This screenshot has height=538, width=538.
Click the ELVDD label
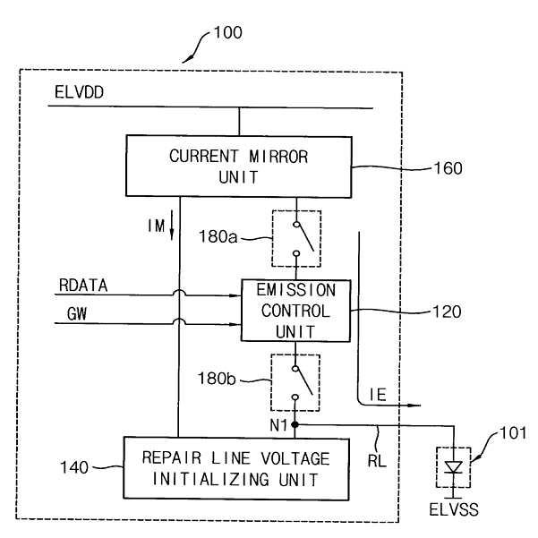80,92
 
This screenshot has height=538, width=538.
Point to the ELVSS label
454,509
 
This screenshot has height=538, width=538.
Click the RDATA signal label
83,286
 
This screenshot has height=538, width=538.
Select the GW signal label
77,314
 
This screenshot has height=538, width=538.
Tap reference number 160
448,168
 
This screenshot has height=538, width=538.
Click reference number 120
447,312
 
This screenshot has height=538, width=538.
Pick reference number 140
74,467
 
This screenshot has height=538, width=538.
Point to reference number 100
228,32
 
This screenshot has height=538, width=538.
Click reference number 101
513,433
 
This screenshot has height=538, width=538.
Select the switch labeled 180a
296,239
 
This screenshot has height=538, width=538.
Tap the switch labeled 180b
295,383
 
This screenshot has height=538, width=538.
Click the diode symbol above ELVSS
454,467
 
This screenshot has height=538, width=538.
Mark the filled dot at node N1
295,425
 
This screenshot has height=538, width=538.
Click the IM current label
157,226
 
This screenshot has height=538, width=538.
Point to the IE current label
378,395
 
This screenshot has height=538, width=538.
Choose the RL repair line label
377,460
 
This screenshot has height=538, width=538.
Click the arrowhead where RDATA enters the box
236,295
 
